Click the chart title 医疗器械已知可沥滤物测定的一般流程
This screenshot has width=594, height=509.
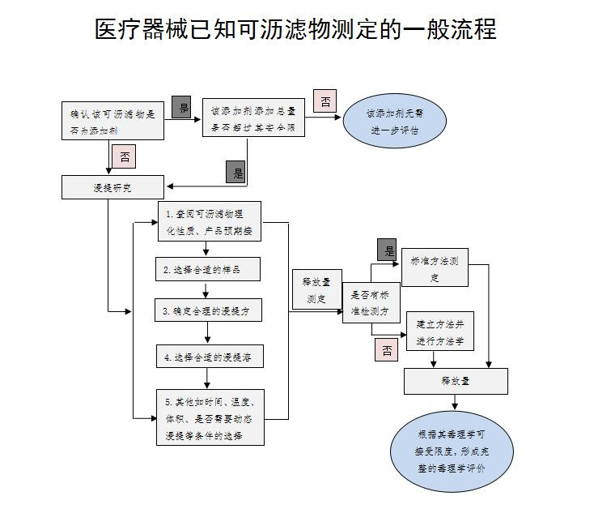pos(296,30)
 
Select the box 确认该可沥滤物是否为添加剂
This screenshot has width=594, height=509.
pos(113,121)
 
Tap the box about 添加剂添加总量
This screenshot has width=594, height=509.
pos(253,117)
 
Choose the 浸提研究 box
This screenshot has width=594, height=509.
pos(113,187)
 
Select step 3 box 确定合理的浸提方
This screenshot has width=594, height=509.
pos(210,310)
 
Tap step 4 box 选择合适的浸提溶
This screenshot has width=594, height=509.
pos(210,356)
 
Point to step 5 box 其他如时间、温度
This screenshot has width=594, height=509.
pos(210,417)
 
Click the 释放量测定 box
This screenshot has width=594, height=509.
pos(315,290)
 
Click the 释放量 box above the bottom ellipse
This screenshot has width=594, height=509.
pos(456,380)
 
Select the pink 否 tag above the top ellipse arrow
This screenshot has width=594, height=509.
pos(324,102)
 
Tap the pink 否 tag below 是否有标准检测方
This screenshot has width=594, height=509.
pos(387,350)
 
